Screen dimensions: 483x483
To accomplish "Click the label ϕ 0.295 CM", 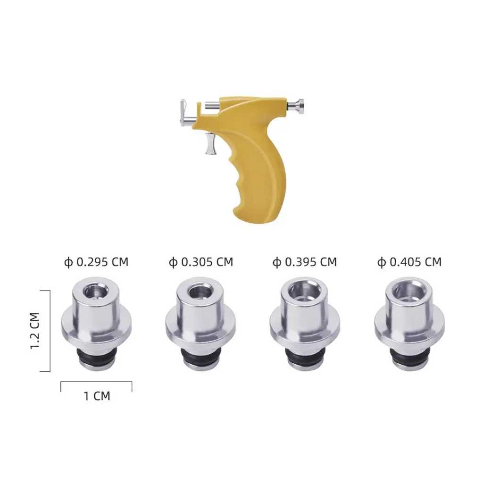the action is click(x=96, y=262).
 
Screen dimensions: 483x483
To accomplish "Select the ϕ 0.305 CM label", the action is click(x=201, y=262).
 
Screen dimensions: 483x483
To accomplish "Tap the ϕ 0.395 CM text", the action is click(x=305, y=262).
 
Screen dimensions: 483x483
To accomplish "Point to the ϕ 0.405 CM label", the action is click(x=409, y=262).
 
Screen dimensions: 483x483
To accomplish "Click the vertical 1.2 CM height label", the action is click(x=35, y=331).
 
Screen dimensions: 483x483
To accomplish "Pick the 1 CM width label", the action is click(x=97, y=396).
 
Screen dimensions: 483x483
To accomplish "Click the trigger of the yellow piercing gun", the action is click(x=211, y=143).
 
